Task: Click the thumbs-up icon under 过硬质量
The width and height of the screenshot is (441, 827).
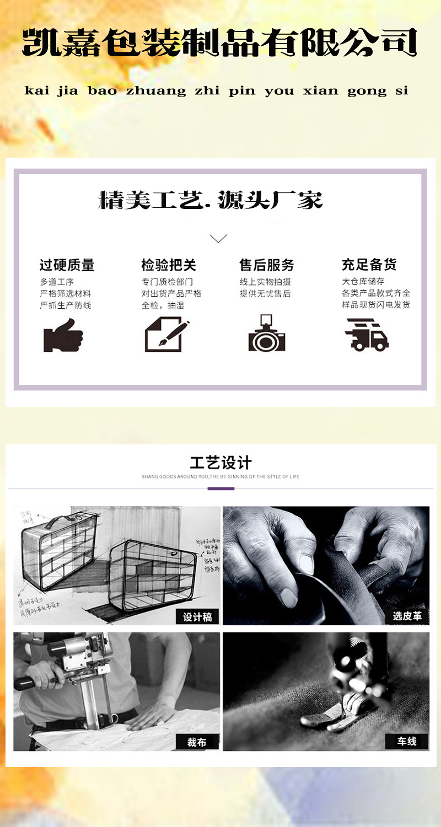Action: pos(63,335)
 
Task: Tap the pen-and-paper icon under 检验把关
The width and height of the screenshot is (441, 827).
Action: pos(166,335)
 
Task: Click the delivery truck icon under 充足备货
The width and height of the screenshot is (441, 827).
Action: pos(367,334)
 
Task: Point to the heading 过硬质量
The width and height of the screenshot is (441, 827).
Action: pos(67,265)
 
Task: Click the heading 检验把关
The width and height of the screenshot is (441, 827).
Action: pos(168,265)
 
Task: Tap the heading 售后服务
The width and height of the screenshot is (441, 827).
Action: pos(267,265)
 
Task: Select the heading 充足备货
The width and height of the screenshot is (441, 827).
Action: pos(369,265)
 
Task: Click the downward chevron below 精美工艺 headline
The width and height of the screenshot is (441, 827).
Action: pos(218,239)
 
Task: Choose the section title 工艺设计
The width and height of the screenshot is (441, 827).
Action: pos(220,463)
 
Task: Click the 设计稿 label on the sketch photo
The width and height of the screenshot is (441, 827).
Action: pos(197,617)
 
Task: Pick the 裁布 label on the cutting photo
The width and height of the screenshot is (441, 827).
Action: pos(197,742)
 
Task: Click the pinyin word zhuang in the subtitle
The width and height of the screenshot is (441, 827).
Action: pos(156,91)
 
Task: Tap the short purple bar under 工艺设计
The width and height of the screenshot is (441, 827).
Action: pos(220,488)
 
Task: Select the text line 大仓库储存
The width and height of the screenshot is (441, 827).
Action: pos(363,282)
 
